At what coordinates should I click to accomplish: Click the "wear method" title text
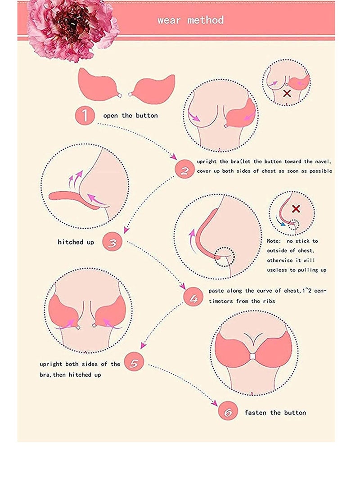[x=190, y=20]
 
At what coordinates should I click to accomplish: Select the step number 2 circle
[x=184, y=170]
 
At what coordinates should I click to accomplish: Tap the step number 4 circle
[x=194, y=297]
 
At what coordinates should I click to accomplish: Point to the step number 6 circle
[x=227, y=412]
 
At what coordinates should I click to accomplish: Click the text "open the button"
[x=130, y=116]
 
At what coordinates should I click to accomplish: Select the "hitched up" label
[x=76, y=242]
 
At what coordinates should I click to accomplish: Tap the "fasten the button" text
[x=275, y=412]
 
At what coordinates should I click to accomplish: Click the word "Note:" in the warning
[x=274, y=241]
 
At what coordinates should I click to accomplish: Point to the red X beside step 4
[x=296, y=209]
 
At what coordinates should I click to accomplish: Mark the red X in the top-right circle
[x=286, y=93]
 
